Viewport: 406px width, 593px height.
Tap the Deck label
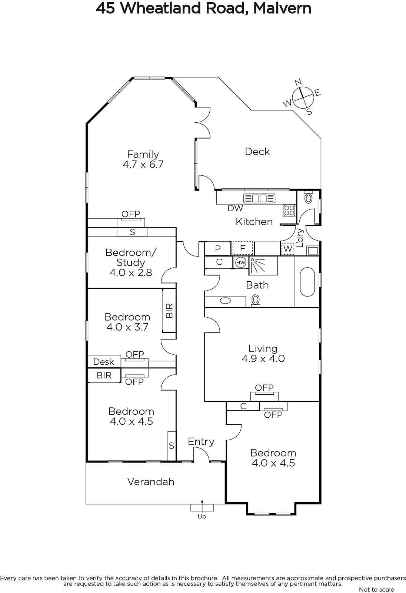(x=257, y=152)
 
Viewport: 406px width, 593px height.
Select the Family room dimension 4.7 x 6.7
(x=143, y=165)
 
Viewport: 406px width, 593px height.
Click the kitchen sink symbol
(x=259, y=198)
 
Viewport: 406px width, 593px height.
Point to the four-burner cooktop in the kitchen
(x=289, y=211)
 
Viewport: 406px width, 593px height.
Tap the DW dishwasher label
(x=235, y=208)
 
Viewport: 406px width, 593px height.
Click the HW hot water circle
(x=240, y=263)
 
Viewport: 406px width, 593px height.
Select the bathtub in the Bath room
(x=307, y=282)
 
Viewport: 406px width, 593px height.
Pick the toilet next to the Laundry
(x=308, y=197)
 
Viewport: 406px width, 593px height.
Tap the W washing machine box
(x=288, y=249)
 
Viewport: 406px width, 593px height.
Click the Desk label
(x=103, y=362)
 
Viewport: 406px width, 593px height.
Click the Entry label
(x=201, y=441)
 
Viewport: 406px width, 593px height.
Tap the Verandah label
(x=151, y=482)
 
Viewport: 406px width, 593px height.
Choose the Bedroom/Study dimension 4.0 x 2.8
(x=131, y=273)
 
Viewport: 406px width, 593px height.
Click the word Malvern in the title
(x=282, y=8)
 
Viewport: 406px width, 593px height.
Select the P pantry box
(x=217, y=249)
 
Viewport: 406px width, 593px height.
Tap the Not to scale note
(x=377, y=589)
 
